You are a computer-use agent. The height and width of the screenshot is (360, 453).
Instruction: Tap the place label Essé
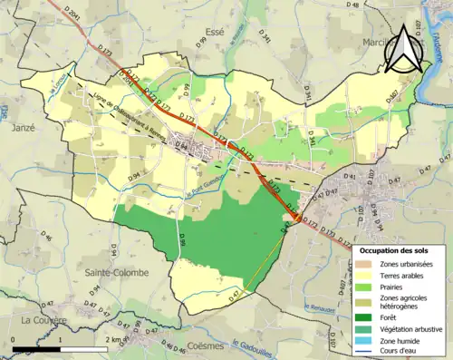215,32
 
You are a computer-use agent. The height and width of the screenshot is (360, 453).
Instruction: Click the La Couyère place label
40,320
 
